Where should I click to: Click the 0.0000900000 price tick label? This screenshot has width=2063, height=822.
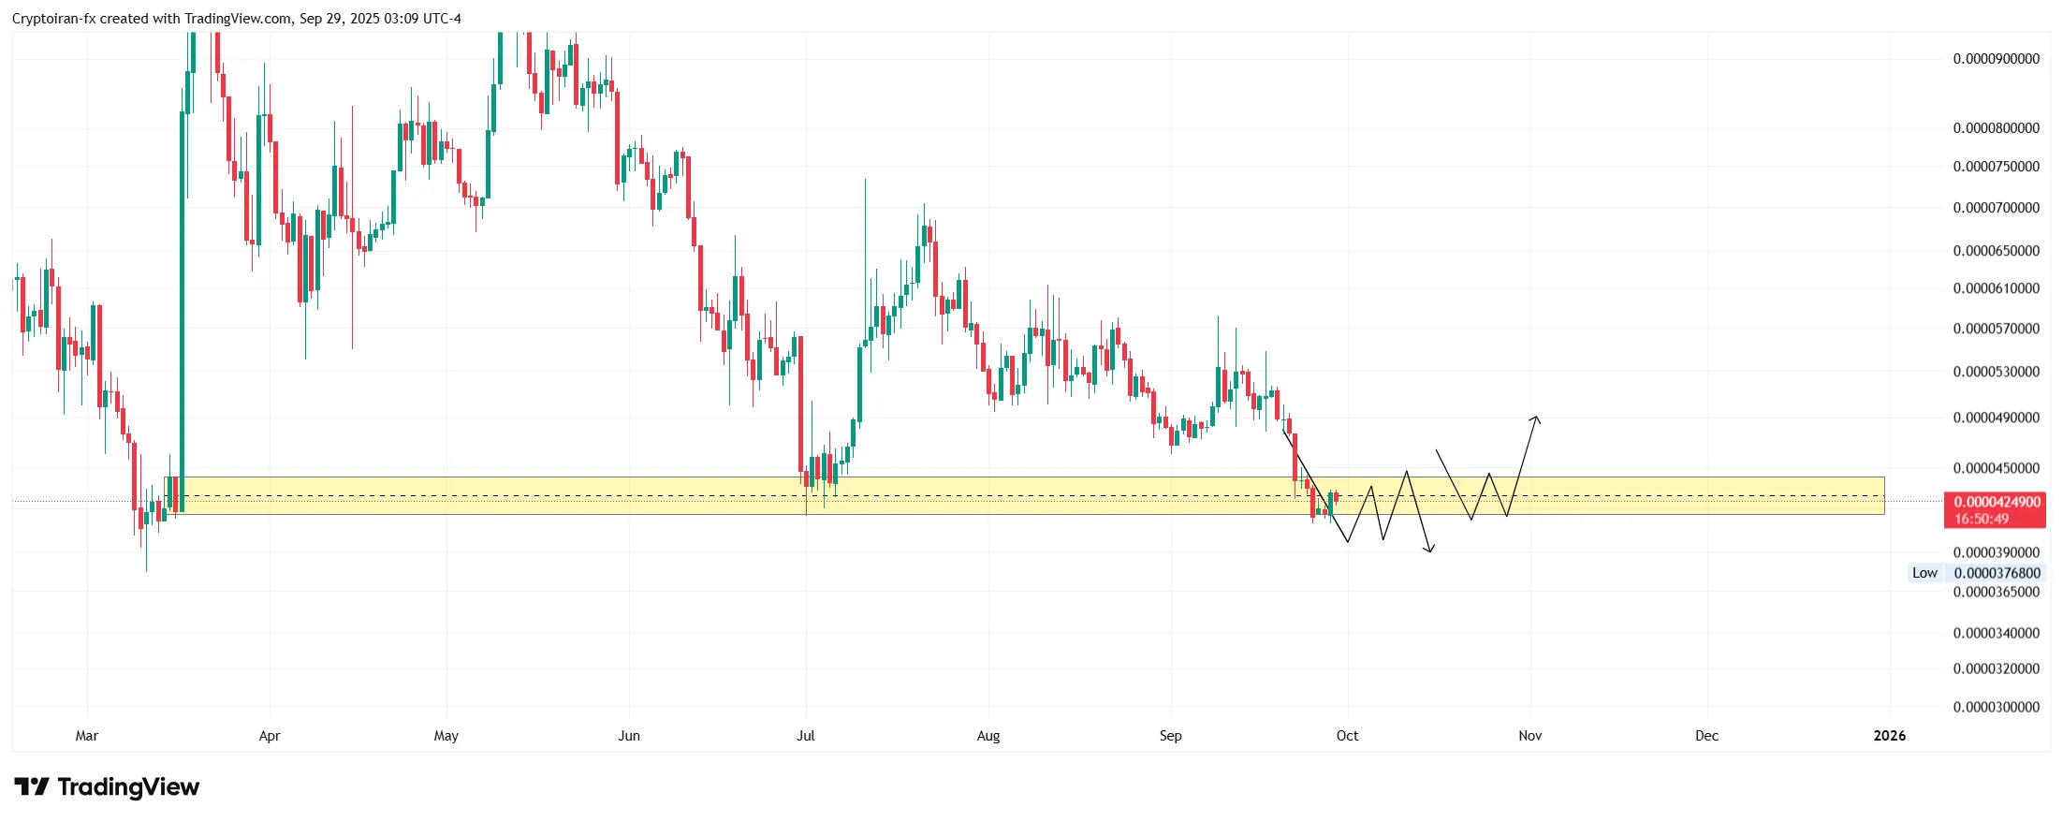pyautogui.click(x=1996, y=59)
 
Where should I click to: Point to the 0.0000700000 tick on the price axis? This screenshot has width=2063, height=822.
pyautogui.click(x=1996, y=208)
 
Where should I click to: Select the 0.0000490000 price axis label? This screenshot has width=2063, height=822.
pyautogui.click(x=1996, y=418)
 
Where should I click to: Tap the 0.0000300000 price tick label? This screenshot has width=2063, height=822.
pyautogui.click(x=1996, y=707)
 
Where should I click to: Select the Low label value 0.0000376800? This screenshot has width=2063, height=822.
pyautogui.click(x=1997, y=573)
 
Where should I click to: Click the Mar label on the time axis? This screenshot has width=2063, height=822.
pyautogui.click(x=87, y=736)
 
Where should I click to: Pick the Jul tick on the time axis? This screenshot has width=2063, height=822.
pyautogui.click(x=806, y=736)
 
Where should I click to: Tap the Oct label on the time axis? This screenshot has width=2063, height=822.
pyautogui.click(x=1347, y=736)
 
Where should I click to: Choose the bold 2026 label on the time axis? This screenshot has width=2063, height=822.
pyautogui.click(x=1889, y=736)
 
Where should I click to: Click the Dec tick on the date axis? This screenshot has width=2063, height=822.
pyautogui.click(x=1706, y=736)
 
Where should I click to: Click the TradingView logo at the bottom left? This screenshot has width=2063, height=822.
pyautogui.click(x=107, y=787)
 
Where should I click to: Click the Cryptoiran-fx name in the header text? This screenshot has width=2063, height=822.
pyautogui.click(x=53, y=19)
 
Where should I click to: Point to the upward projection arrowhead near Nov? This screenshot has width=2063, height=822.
pyautogui.click(x=1536, y=418)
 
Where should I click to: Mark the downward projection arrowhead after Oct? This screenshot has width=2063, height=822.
pyautogui.click(x=1429, y=550)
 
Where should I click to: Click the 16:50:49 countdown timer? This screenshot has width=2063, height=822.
pyautogui.click(x=1982, y=519)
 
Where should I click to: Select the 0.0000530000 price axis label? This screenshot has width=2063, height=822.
pyautogui.click(x=1996, y=372)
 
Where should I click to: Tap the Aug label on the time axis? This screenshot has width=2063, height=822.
pyautogui.click(x=988, y=736)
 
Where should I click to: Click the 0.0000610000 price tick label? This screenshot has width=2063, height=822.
pyautogui.click(x=1996, y=288)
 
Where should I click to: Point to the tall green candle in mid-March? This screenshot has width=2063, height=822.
pyautogui.click(x=183, y=309)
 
